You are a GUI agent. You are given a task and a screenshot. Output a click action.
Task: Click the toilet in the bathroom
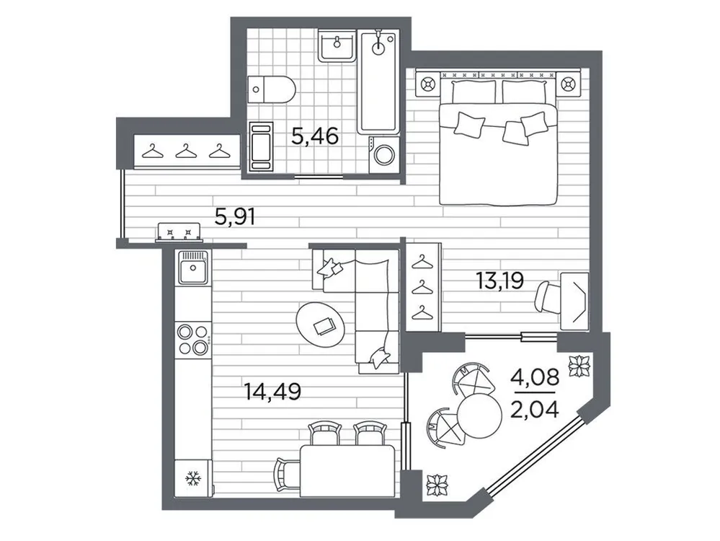pyautogui.click(x=271, y=90)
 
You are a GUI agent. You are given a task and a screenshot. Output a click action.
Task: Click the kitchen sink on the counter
pyautogui.click(x=193, y=270)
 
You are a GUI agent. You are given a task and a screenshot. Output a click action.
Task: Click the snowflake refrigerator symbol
pyautogui.click(x=192, y=478)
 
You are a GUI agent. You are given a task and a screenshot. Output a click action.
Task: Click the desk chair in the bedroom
pyautogui.click(x=550, y=296)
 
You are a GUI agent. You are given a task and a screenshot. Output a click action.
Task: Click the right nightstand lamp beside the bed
pyautogui.click(x=569, y=85)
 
